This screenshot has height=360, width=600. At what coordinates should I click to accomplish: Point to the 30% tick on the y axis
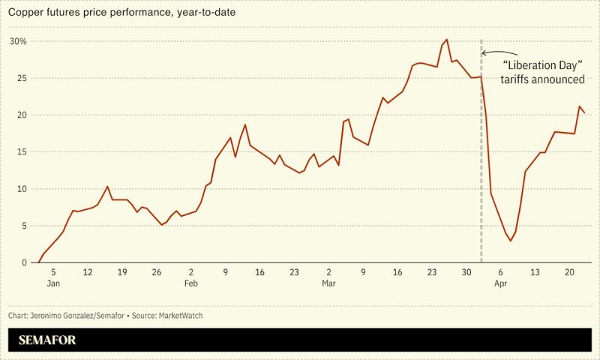point(18,41)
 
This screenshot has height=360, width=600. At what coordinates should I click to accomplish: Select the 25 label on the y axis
point(21,78)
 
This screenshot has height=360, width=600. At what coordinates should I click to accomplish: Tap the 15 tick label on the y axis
point(21,152)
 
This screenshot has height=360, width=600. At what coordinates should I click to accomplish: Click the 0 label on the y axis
point(23,262)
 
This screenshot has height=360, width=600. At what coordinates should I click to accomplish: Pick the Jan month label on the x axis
point(53,283)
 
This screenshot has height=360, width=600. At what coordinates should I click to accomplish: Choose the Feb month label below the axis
point(190,283)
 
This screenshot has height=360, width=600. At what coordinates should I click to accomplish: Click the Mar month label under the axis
point(328,283)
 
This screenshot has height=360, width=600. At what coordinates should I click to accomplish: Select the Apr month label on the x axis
point(500,283)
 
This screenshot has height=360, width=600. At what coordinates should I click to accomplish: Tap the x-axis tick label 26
point(156,272)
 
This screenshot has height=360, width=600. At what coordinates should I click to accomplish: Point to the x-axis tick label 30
point(466,272)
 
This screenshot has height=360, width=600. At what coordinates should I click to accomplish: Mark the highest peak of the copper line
point(446,40)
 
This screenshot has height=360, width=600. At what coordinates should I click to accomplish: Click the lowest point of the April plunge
point(511,241)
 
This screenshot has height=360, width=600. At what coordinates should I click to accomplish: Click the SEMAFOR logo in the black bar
point(47,340)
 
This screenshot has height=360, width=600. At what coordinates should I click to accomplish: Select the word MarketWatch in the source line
point(180,316)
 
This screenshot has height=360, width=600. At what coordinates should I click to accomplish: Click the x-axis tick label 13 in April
point(535,272)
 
